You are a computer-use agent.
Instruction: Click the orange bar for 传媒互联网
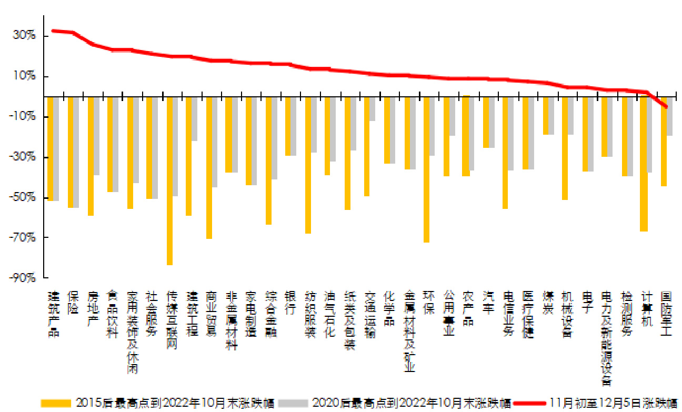(x=169, y=180)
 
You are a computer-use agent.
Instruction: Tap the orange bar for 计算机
(x=644, y=164)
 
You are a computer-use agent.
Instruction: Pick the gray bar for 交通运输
(x=372, y=109)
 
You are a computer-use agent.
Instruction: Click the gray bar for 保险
(x=76, y=152)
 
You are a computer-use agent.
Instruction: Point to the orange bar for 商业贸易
(x=209, y=167)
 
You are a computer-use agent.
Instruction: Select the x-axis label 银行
(x=290, y=303)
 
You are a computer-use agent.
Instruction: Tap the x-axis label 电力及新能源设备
(x=607, y=337)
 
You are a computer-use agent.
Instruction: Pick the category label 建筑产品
(x=53, y=314)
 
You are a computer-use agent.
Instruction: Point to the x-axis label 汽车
(x=488, y=303)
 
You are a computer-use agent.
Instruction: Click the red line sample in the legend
(x=528, y=404)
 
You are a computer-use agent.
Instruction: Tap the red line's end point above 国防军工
(x=666, y=107)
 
